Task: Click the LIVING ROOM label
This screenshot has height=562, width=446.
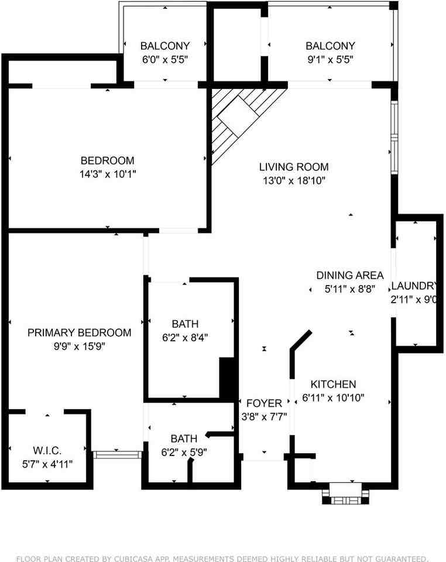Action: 294,167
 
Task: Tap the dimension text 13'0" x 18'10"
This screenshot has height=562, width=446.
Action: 294,181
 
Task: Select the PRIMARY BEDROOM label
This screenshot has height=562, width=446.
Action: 80,333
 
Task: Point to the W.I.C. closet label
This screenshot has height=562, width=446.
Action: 47,450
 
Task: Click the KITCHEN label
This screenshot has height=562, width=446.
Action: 333,385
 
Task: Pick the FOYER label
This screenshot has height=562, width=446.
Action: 264,403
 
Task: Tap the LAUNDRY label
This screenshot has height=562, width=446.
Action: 414,286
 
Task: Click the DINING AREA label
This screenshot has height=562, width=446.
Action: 350,275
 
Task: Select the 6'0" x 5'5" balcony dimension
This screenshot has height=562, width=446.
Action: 164,59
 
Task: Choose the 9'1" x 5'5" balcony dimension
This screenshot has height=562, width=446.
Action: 330,59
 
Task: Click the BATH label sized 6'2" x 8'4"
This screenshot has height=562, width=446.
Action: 185,324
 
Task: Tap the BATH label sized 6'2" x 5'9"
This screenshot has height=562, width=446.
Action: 184,438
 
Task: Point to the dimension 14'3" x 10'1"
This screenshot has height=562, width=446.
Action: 107,174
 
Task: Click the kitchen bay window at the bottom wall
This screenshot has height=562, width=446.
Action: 345,492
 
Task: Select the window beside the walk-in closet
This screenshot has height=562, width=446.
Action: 118,454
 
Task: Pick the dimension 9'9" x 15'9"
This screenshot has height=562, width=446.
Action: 80,346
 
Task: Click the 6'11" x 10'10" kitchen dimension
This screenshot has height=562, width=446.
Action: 333,398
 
